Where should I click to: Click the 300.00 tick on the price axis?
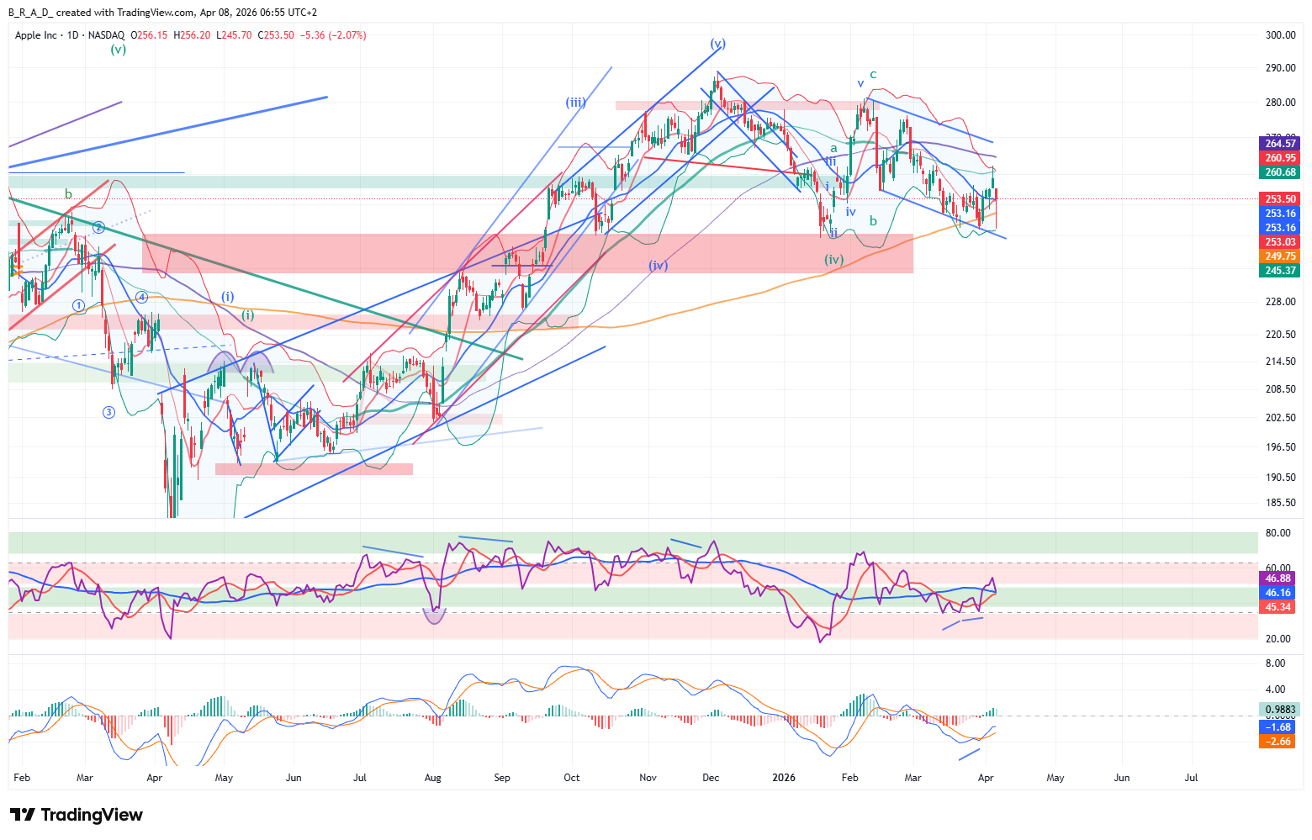tap(1280, 35)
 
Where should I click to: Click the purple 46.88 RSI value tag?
tap(1278, 578)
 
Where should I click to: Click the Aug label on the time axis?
tap(432, 778)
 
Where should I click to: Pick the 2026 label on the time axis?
tap(784, 778)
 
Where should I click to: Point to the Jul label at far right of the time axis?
tap(1191, 778)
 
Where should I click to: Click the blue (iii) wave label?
tap(575, 103)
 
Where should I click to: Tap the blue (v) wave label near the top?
tap(717, 43)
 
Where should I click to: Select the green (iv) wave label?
tap(833, 260)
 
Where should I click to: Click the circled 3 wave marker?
tap(108, 412)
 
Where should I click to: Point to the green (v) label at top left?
tap(119, 50)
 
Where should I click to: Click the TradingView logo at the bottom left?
tap(77, 815)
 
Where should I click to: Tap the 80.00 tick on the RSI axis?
tap(1278, 533)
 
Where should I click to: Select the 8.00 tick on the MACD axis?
tap(1275, 663)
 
